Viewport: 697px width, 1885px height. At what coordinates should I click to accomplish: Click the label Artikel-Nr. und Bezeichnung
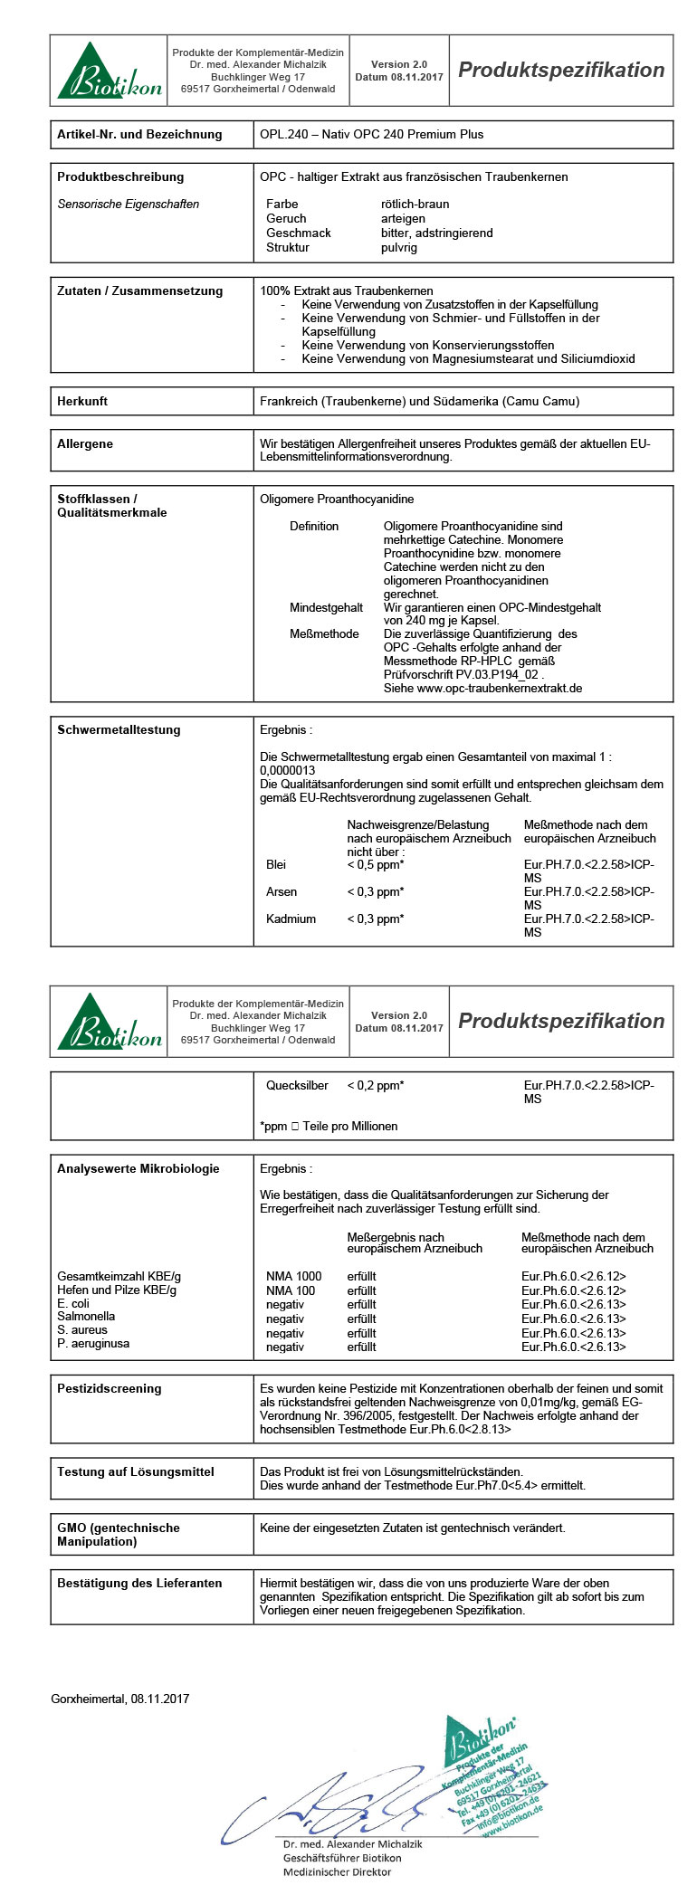point(138,134)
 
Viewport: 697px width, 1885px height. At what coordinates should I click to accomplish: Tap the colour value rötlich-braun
point(415,204)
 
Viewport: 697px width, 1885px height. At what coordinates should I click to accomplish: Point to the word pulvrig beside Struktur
point(399,247)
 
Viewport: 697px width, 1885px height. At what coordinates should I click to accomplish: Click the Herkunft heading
point(82,401)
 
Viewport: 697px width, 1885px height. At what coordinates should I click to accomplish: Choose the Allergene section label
point(85,443)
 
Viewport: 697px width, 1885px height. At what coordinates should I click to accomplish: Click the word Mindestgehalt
point(326,607)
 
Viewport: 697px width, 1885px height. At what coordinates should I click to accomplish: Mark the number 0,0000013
point(287,770)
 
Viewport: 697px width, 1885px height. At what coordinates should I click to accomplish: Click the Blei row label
point(276,864)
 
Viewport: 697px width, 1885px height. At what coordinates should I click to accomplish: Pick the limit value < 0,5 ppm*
point(375,864)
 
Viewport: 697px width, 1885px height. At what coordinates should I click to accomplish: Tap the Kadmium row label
point(291,919)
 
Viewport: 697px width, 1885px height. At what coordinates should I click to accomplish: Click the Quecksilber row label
point(297,1085)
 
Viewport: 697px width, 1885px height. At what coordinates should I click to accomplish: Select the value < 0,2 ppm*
point(375,1085)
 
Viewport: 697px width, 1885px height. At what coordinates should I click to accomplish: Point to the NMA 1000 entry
point(293,1276)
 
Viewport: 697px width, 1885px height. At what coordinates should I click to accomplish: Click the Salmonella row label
point(86,1316)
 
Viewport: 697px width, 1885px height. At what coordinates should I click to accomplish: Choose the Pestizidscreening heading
point(109,1388)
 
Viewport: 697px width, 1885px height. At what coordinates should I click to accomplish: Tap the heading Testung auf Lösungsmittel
point(135,1471)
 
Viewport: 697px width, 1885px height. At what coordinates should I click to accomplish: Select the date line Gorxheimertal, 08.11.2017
point(119,1699)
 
